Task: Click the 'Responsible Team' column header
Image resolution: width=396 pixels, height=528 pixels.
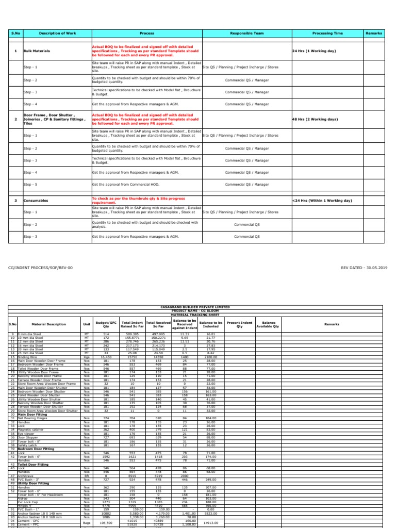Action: coord(246,33)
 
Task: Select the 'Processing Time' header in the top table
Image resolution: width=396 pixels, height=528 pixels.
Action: coord(327,33)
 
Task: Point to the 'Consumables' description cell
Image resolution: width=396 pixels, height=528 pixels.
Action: coord(35,200)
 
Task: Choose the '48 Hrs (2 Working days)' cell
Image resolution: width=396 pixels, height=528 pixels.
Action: coord(315,119)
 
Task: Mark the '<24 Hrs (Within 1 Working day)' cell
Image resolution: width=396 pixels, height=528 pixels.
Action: coord(322,200)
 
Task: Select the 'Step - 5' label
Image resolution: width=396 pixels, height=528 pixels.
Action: coord(30,184)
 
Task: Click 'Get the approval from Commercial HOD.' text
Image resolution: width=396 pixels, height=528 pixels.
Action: coord(125,184)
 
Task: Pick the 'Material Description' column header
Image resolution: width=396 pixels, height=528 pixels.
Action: coord(49,324)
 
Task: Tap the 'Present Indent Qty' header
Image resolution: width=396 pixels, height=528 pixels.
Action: coord(239,324)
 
